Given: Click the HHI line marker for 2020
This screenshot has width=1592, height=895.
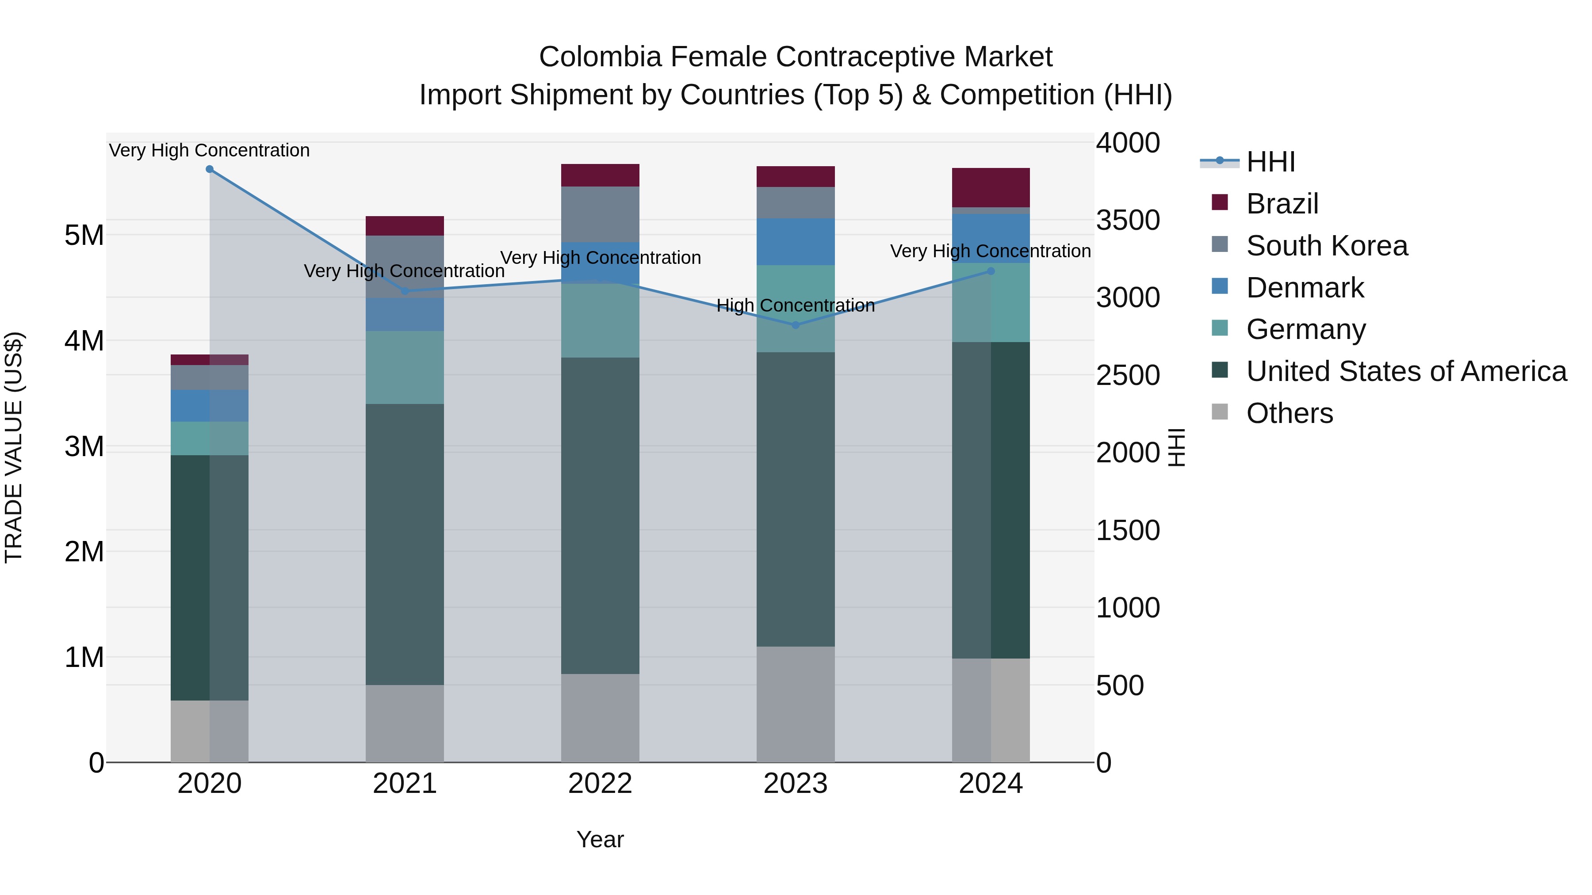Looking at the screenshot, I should click(210, 169).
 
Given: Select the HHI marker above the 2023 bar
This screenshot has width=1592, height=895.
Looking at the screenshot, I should click(796, 325).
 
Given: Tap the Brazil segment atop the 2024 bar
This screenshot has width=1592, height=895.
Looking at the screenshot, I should click(991, 187).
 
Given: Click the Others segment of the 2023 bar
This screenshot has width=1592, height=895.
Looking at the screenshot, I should click(796, 704).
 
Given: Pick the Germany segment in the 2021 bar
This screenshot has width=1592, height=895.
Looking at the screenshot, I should click(405, 368).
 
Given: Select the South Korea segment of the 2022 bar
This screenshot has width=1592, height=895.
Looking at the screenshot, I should click(600, 214).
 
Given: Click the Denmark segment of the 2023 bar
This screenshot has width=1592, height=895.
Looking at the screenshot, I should click(796, 241).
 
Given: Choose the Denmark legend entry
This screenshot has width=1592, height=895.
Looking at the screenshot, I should click(1305, 288).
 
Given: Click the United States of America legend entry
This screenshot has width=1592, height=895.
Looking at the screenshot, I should click(1406, 371).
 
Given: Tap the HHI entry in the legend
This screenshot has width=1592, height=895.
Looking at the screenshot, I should click(1271, 162).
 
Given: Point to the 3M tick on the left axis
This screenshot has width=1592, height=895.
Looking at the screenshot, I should click(84, 446).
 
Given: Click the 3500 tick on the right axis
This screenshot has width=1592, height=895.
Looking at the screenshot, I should click(1128, 221).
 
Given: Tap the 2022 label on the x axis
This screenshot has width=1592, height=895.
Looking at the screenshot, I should click(600, 784).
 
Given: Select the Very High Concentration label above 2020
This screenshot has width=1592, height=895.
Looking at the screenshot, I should click(210, 150).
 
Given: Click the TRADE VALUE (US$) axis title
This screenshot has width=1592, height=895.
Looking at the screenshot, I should click(14, 447).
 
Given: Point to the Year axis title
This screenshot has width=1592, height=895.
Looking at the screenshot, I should click(600, 839).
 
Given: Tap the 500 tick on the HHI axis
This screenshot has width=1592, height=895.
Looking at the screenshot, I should click(1120, 686).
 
